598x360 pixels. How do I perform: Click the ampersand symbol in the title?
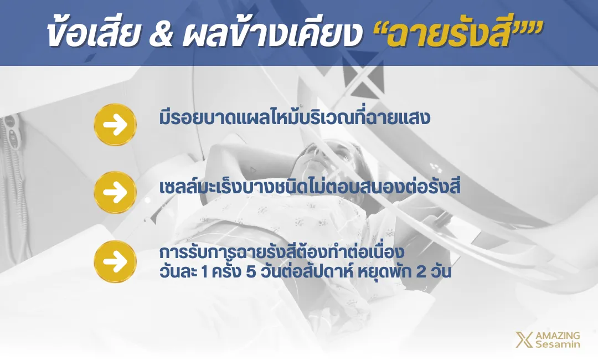(161, 34)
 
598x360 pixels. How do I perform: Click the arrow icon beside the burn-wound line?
(115, 124)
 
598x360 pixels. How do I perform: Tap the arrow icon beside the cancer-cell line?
(115, 192)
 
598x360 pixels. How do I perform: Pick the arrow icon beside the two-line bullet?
(115, 261)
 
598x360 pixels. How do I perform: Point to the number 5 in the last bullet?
(251, 272)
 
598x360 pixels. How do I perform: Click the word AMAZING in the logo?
(558, 336)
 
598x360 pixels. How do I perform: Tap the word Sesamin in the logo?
(558, 344)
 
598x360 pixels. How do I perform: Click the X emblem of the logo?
(524, 340)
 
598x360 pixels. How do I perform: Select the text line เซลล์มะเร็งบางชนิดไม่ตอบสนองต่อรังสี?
(310, 186)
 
